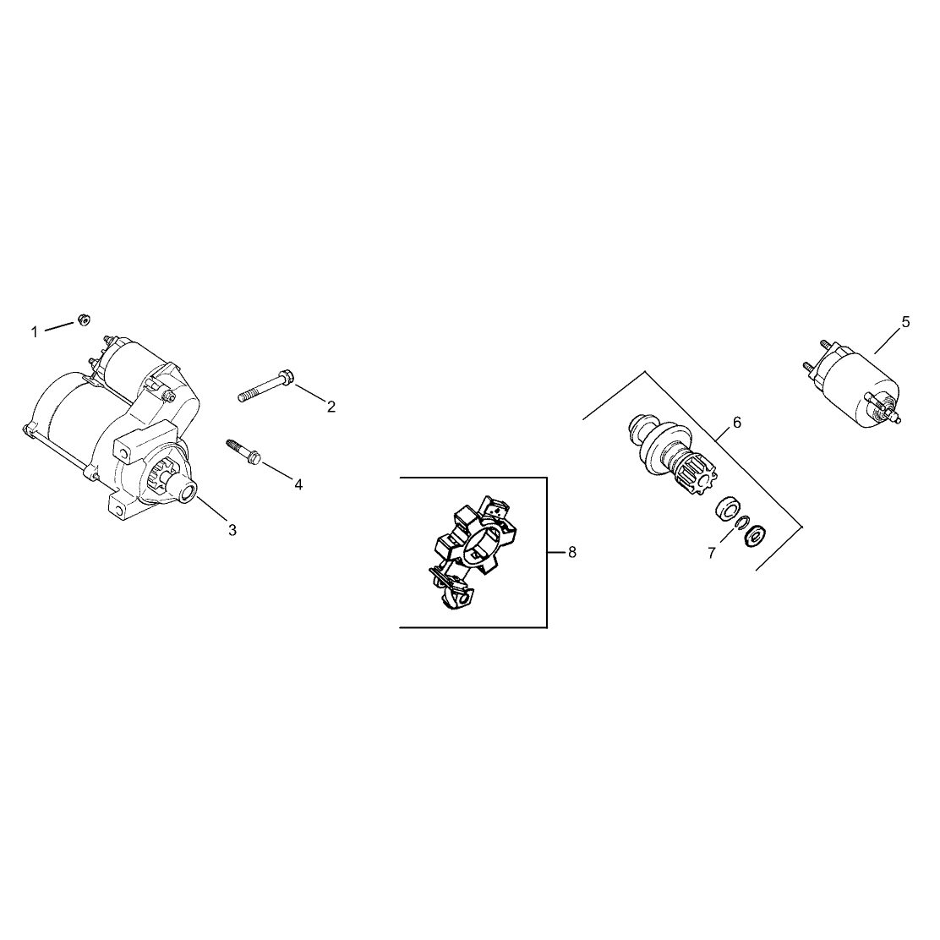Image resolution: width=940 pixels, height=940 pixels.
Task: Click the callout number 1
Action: pyautogui.click(x=34, y=331)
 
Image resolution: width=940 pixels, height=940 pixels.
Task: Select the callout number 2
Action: pyautogui.click(x=331, y=407)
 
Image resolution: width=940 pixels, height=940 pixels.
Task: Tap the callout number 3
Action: pyautogui.click(x=232, y=530)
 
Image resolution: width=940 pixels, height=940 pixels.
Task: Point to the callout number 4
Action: pyautogui.click(x=298, y=484)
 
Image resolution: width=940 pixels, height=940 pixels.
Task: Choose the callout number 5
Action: pyautogui.click(x=905, y=322)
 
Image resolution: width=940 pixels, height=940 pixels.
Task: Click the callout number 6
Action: pyautogui.click(x=737, y=423)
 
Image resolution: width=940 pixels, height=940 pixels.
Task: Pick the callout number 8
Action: pyautogui.click(x=572, y=552)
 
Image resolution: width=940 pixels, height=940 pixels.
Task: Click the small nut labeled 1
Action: pyautogui.click(x=84, y=319)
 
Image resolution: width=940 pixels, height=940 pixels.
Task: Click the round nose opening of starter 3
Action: pyautogui.click(x=187, y=492)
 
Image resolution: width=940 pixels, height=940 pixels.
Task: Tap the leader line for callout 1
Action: pyautogui.click(x=59, y=326)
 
